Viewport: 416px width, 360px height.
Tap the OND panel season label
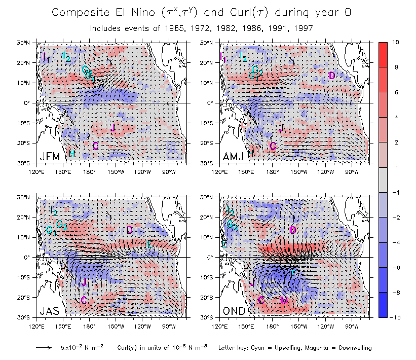[x=234, y=311]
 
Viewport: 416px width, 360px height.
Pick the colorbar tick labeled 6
[x=396, y=91]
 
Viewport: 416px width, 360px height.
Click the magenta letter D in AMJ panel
[x=332, y=76]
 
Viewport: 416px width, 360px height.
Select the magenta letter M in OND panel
[x=284, y=301]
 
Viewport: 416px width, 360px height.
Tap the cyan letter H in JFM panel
[x=72, y=154]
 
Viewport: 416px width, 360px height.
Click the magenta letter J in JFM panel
[x=113, y=127]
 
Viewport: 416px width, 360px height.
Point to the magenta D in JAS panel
[x=129, y=230]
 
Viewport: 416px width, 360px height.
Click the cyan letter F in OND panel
[x=292, y=274]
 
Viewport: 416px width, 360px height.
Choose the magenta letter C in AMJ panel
[x=273, y=146]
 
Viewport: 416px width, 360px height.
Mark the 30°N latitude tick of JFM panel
[x=28, y=43]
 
